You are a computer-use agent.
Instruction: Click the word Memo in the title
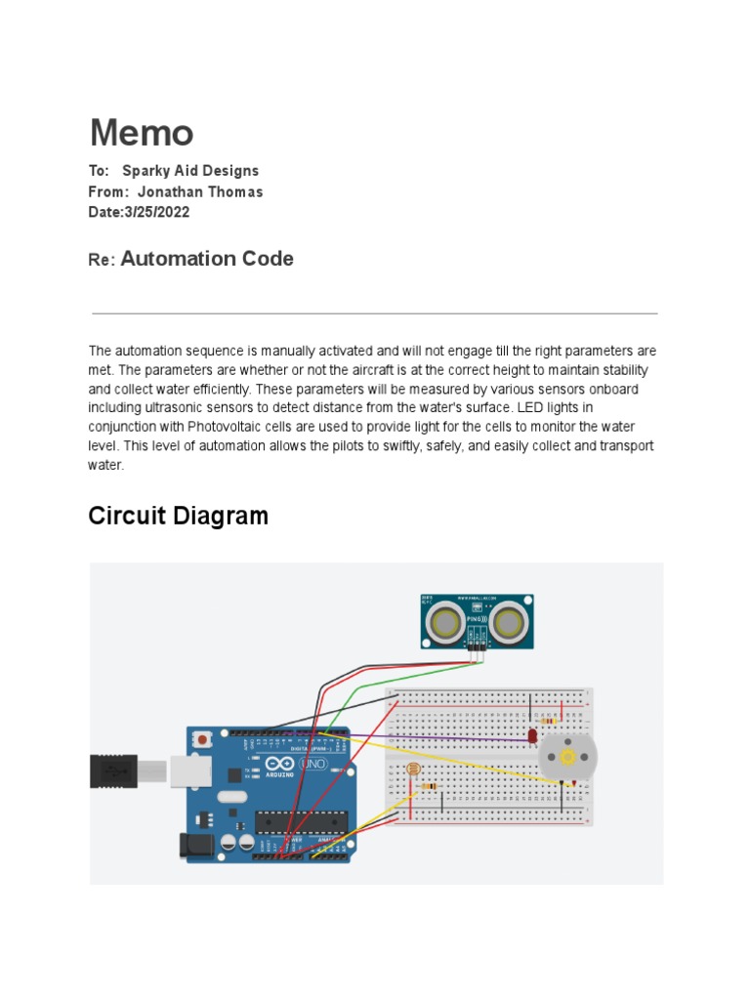coord(142,134)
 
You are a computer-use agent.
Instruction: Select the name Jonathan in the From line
coord(171,192)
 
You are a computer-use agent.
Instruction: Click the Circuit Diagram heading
coord(178,516)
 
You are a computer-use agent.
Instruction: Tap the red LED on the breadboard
coord(532,734)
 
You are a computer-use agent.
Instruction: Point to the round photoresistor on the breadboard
coord(411,771)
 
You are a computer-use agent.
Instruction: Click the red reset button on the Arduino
coord(202,740)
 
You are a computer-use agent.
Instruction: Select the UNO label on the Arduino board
coord(314,764)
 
